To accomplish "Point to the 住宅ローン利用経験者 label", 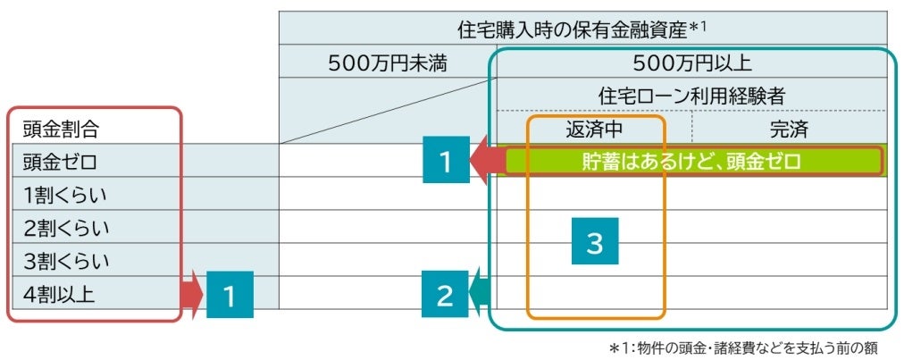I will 691,96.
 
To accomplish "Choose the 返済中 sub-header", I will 594,129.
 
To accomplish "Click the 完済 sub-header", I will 789,129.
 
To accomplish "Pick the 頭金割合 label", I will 61,129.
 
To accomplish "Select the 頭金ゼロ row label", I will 60,162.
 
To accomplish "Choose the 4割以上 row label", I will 60,294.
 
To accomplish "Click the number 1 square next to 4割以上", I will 230,295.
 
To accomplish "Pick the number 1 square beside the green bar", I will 445,162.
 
